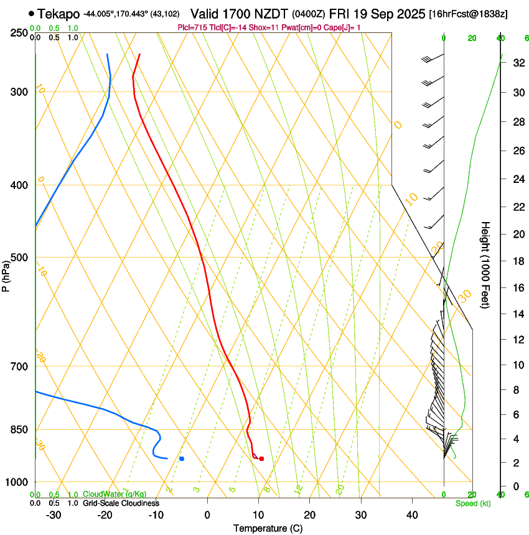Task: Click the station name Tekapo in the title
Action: coord(59,14)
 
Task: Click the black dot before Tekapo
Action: coord(31,13)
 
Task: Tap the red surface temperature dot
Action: coord(261,458)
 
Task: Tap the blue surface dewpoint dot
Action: coord(182,458)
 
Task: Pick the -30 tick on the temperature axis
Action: coord(54,514)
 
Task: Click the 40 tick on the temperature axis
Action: coord(411,514)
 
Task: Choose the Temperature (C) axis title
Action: coord(268,528)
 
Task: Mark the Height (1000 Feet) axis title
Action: coord(486,264)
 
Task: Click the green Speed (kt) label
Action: coord(472,503)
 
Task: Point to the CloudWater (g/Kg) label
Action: coord(115,495)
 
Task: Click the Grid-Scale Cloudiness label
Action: coord(121,503)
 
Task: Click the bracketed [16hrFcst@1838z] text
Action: coord(469,14)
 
